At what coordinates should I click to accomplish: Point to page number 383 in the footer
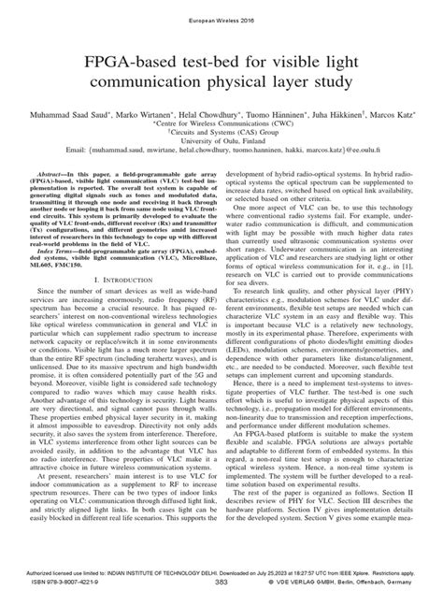tap(221, 581)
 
